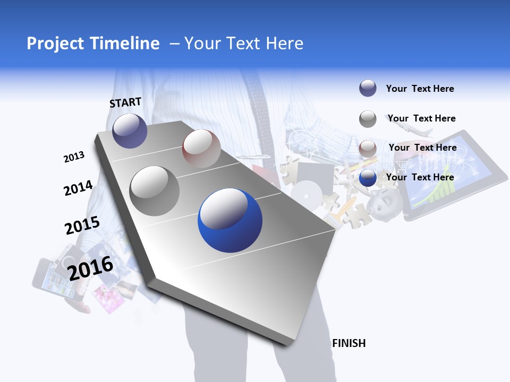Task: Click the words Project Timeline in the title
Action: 93,44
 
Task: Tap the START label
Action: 125,102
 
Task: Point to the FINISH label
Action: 349,343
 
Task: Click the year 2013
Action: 74,157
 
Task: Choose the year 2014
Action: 78,188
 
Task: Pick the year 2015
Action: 82,225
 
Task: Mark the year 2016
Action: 91,268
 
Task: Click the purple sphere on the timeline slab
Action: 130,131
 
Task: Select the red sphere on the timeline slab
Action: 201,149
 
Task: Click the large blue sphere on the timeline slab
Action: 230,220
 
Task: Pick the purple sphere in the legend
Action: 368,89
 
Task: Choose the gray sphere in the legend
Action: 368,119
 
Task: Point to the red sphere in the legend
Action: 368,149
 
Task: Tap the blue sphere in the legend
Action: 368,178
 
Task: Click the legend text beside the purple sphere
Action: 420,89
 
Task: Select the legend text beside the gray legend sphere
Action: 421,118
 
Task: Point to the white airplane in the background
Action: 415,131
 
